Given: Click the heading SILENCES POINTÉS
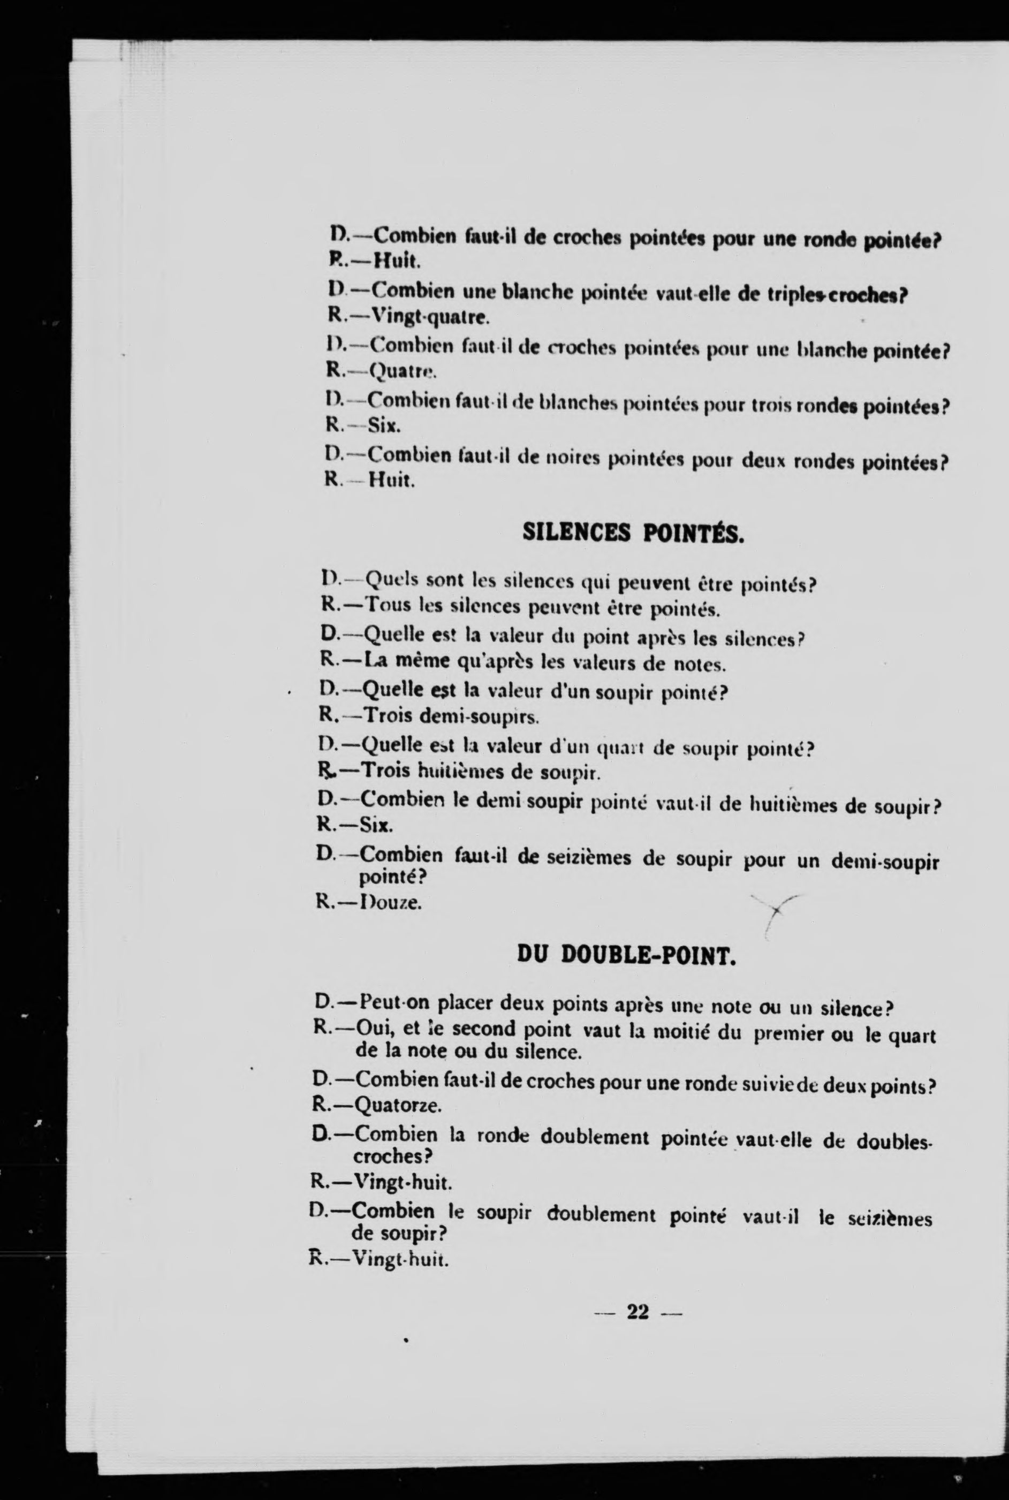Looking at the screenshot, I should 633,532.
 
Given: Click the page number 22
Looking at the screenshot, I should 637,1312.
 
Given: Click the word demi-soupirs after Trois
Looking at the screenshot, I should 477,715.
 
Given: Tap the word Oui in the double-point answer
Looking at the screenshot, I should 374,1029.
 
